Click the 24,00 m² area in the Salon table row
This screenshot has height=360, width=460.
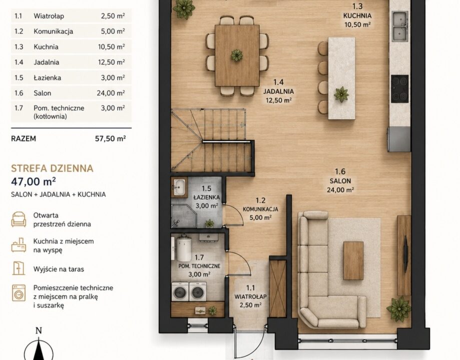coord(111,93)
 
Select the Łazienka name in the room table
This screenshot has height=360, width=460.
coord(47,77)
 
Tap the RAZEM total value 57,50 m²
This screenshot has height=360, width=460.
coord(110,138)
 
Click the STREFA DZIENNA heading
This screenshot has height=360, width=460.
coord(52,168)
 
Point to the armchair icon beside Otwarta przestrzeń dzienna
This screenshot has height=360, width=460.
coord(19,219)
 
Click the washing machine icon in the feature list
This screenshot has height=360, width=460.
coord(19,293)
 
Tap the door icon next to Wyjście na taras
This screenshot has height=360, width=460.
coord(19,268)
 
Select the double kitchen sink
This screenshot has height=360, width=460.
coord(400,26)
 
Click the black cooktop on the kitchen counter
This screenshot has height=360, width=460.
coord(399,88)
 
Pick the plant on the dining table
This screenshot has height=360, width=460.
coord(236,55)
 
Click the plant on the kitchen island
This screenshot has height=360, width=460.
coord(341,94)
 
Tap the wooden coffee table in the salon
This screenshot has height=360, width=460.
coord(353,257)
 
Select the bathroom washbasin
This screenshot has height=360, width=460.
coord(179,186)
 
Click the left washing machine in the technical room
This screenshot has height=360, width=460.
coord(180,291)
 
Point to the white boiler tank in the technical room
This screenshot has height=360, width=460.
coord(183,247)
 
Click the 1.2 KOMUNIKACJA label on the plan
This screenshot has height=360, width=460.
coord(260,209)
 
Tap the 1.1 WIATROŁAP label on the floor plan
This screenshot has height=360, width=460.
coord(250,296)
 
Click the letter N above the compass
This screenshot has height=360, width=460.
coord(39,330)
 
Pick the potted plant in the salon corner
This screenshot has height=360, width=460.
coord(398,308)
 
